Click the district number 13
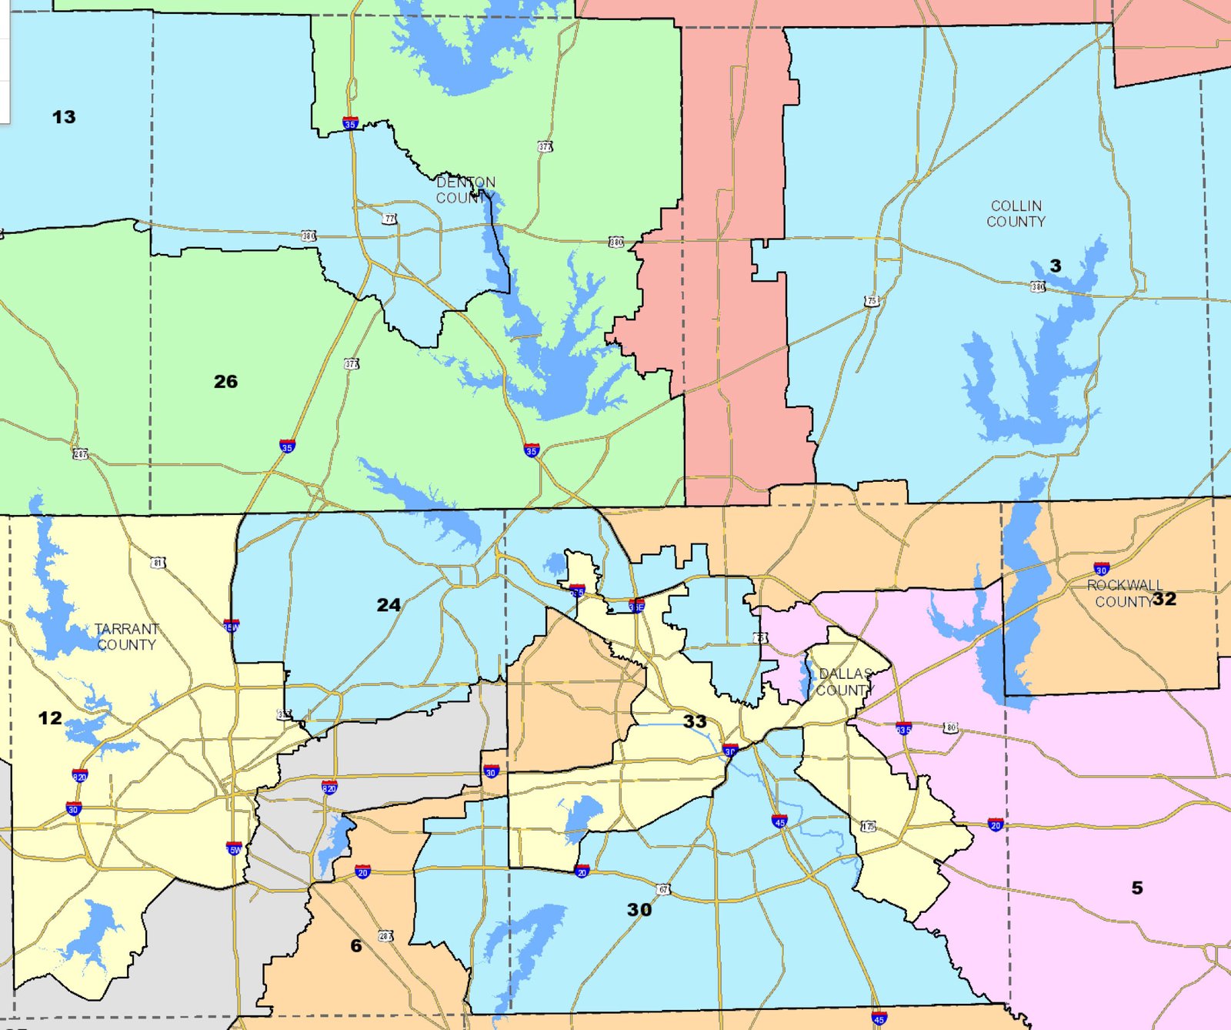pos(64,117)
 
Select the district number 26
pos(225,381)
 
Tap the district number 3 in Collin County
pos(1056,266)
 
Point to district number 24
pos(389,605)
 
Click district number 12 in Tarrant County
pos(50,718)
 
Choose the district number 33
pos(695,721)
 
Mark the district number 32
pos(1164,599)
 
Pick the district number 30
pos(639,910)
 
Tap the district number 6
pos(355,945)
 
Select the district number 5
pos(1137,888)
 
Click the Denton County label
pos(465,190)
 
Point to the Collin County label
pos(1016,213)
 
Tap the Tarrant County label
pos(127,637)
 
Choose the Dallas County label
pos(845,682)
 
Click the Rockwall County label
pos(1124,593)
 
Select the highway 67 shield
pos(663,890)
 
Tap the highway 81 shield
pos(158,563)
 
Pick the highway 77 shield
pos(390,219)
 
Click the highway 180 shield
pos(951,727)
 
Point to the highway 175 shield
pos(868,826)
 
